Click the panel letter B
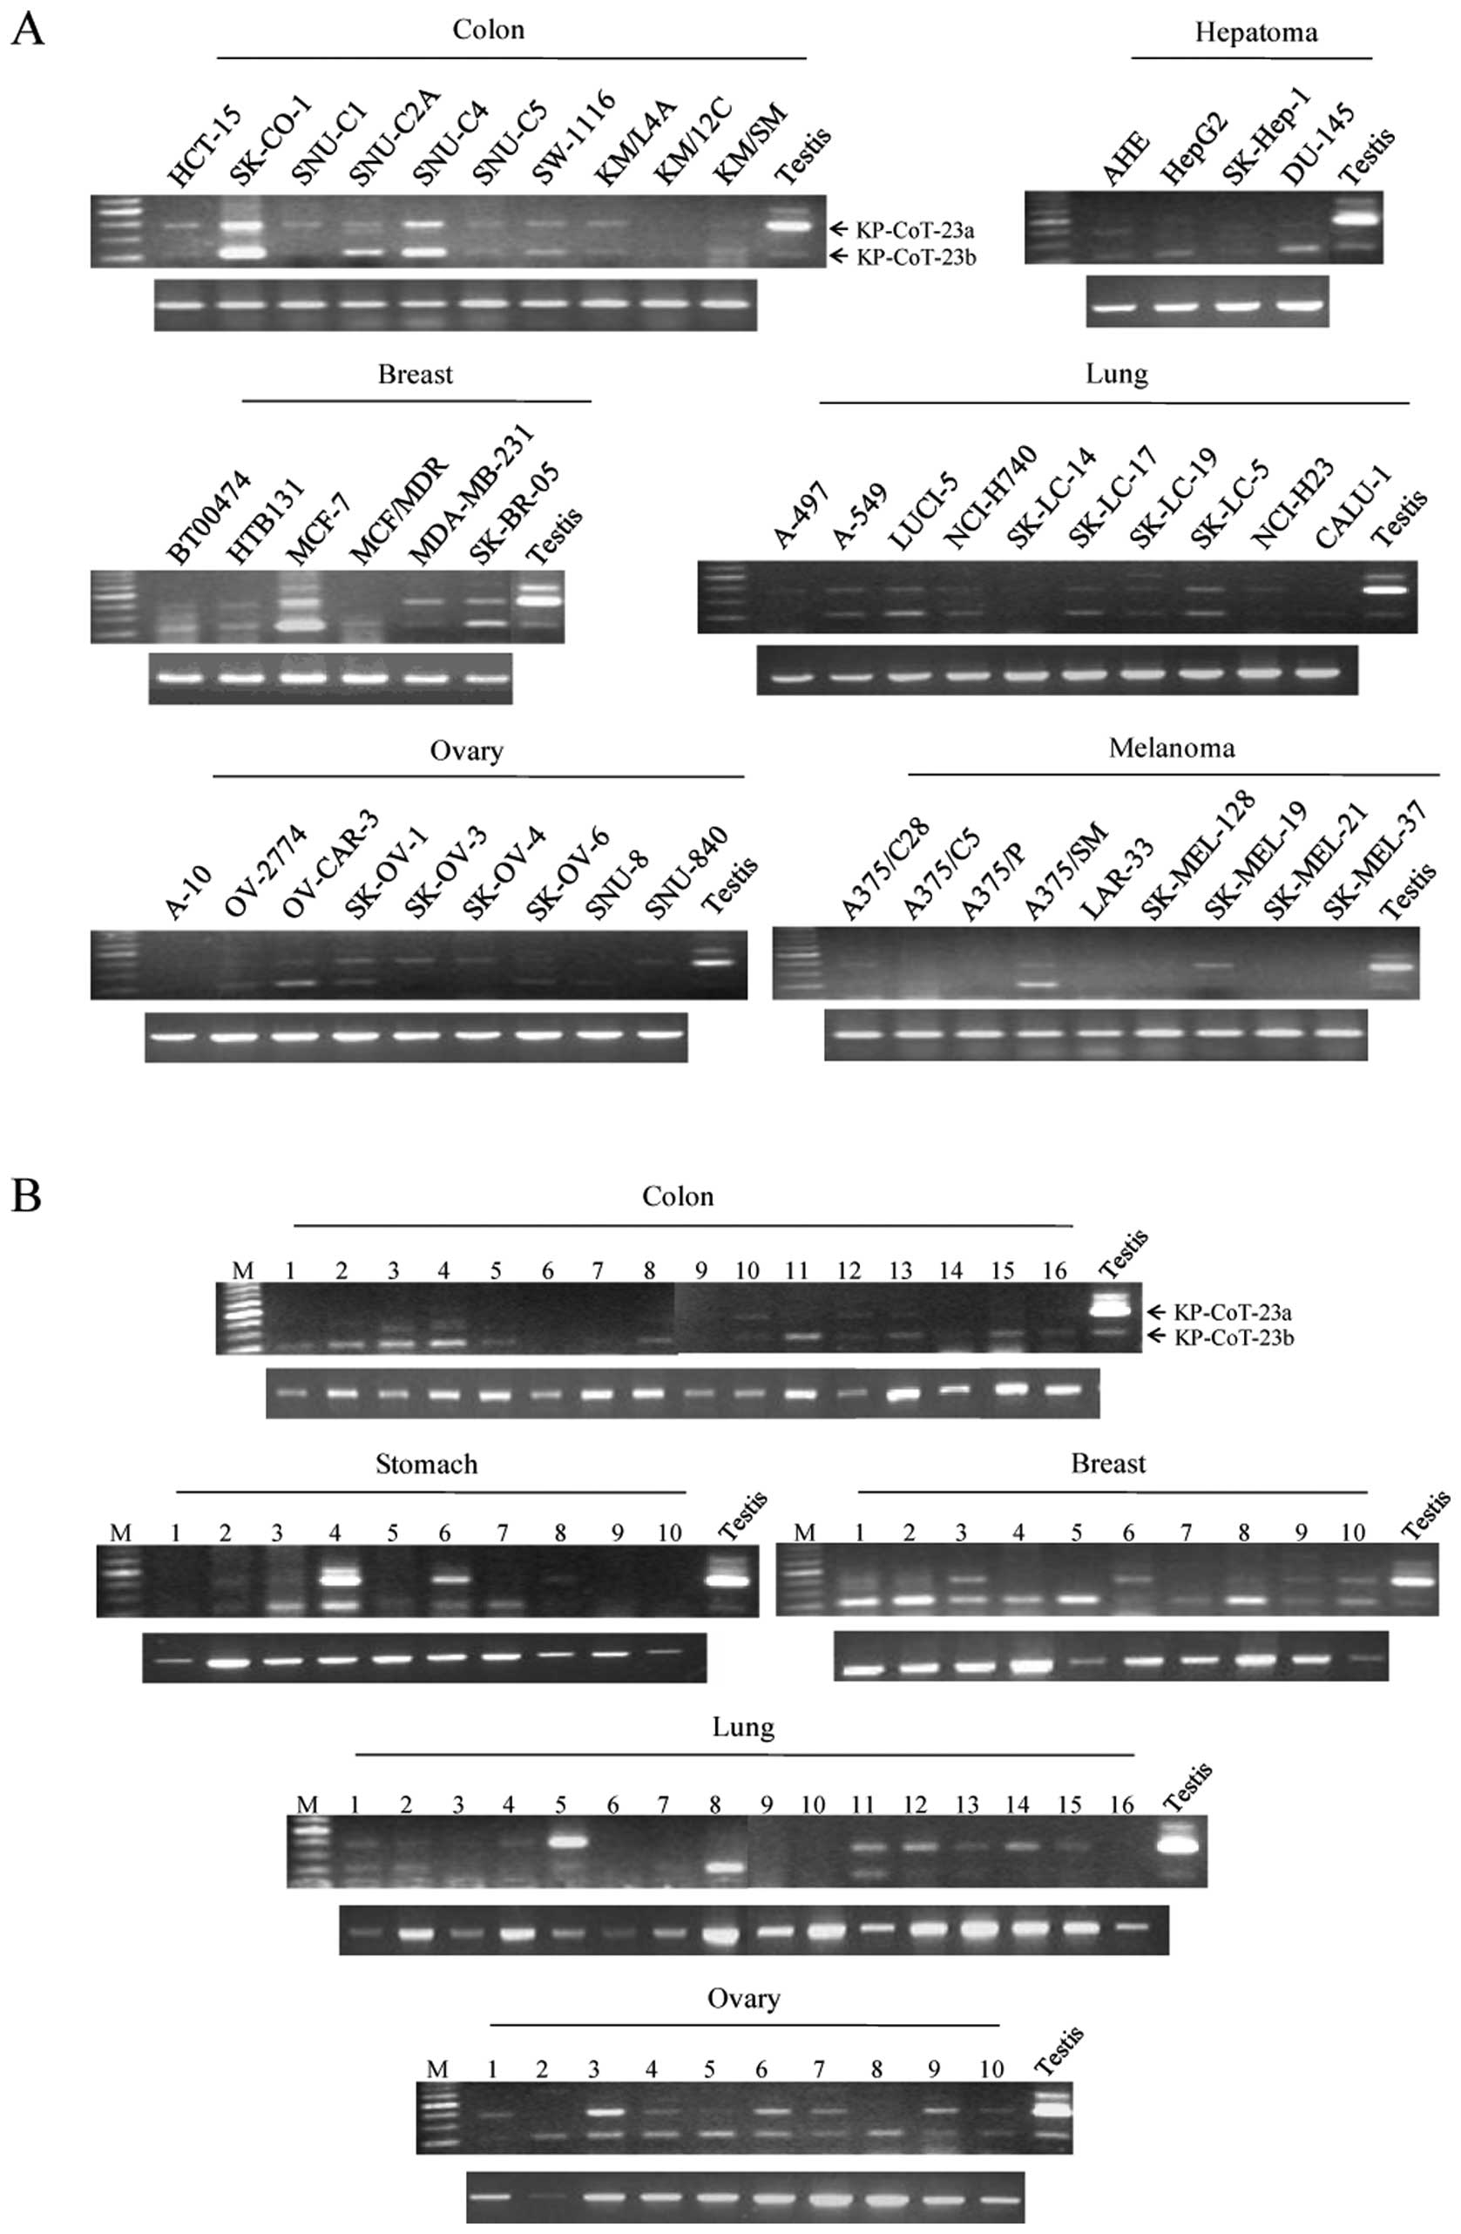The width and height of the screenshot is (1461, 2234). tap(25, 1197)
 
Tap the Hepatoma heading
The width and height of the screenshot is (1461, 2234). tap(1255, 34)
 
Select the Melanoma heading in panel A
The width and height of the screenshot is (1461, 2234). tap(1171, 748)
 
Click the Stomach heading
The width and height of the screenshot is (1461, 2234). tap(426, 1465)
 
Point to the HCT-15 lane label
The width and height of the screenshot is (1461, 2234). tap(205, 147)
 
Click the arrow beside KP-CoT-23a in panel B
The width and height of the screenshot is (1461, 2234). tap(1155, 1311)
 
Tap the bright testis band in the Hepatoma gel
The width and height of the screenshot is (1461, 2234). tap(1354, 218)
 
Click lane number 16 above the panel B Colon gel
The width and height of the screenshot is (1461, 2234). tap(1054, 1271)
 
